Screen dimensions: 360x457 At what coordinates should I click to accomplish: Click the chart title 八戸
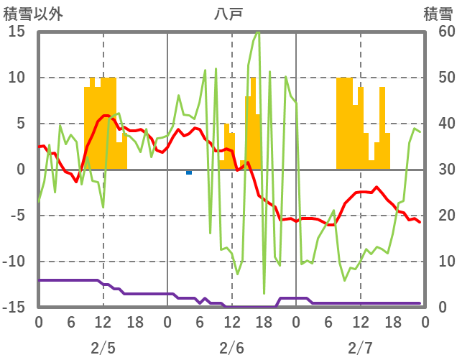pyautogui.click(x=231, y=13)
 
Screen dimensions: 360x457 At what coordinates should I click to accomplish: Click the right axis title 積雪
pyautogui.click(x=438, y=13)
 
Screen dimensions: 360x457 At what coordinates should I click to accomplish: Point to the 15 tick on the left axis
pyautogui.click(x=17, y=32)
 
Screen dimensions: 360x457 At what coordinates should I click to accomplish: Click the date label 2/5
pyautogui.click(x=103, y=349)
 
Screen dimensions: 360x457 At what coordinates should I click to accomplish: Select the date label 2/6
pyautogui.click(x=231, y=349)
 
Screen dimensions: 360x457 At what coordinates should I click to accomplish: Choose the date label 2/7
pyautogui.click(x=360, y=349)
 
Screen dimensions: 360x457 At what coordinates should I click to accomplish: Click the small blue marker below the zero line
pyautogui.click(x=189, y=172)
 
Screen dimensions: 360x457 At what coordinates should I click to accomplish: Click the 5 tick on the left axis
pyautogui.click(x=21, y=124)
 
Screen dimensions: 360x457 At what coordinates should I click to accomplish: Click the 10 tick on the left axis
pyautogui.click(x=17, y=78)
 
